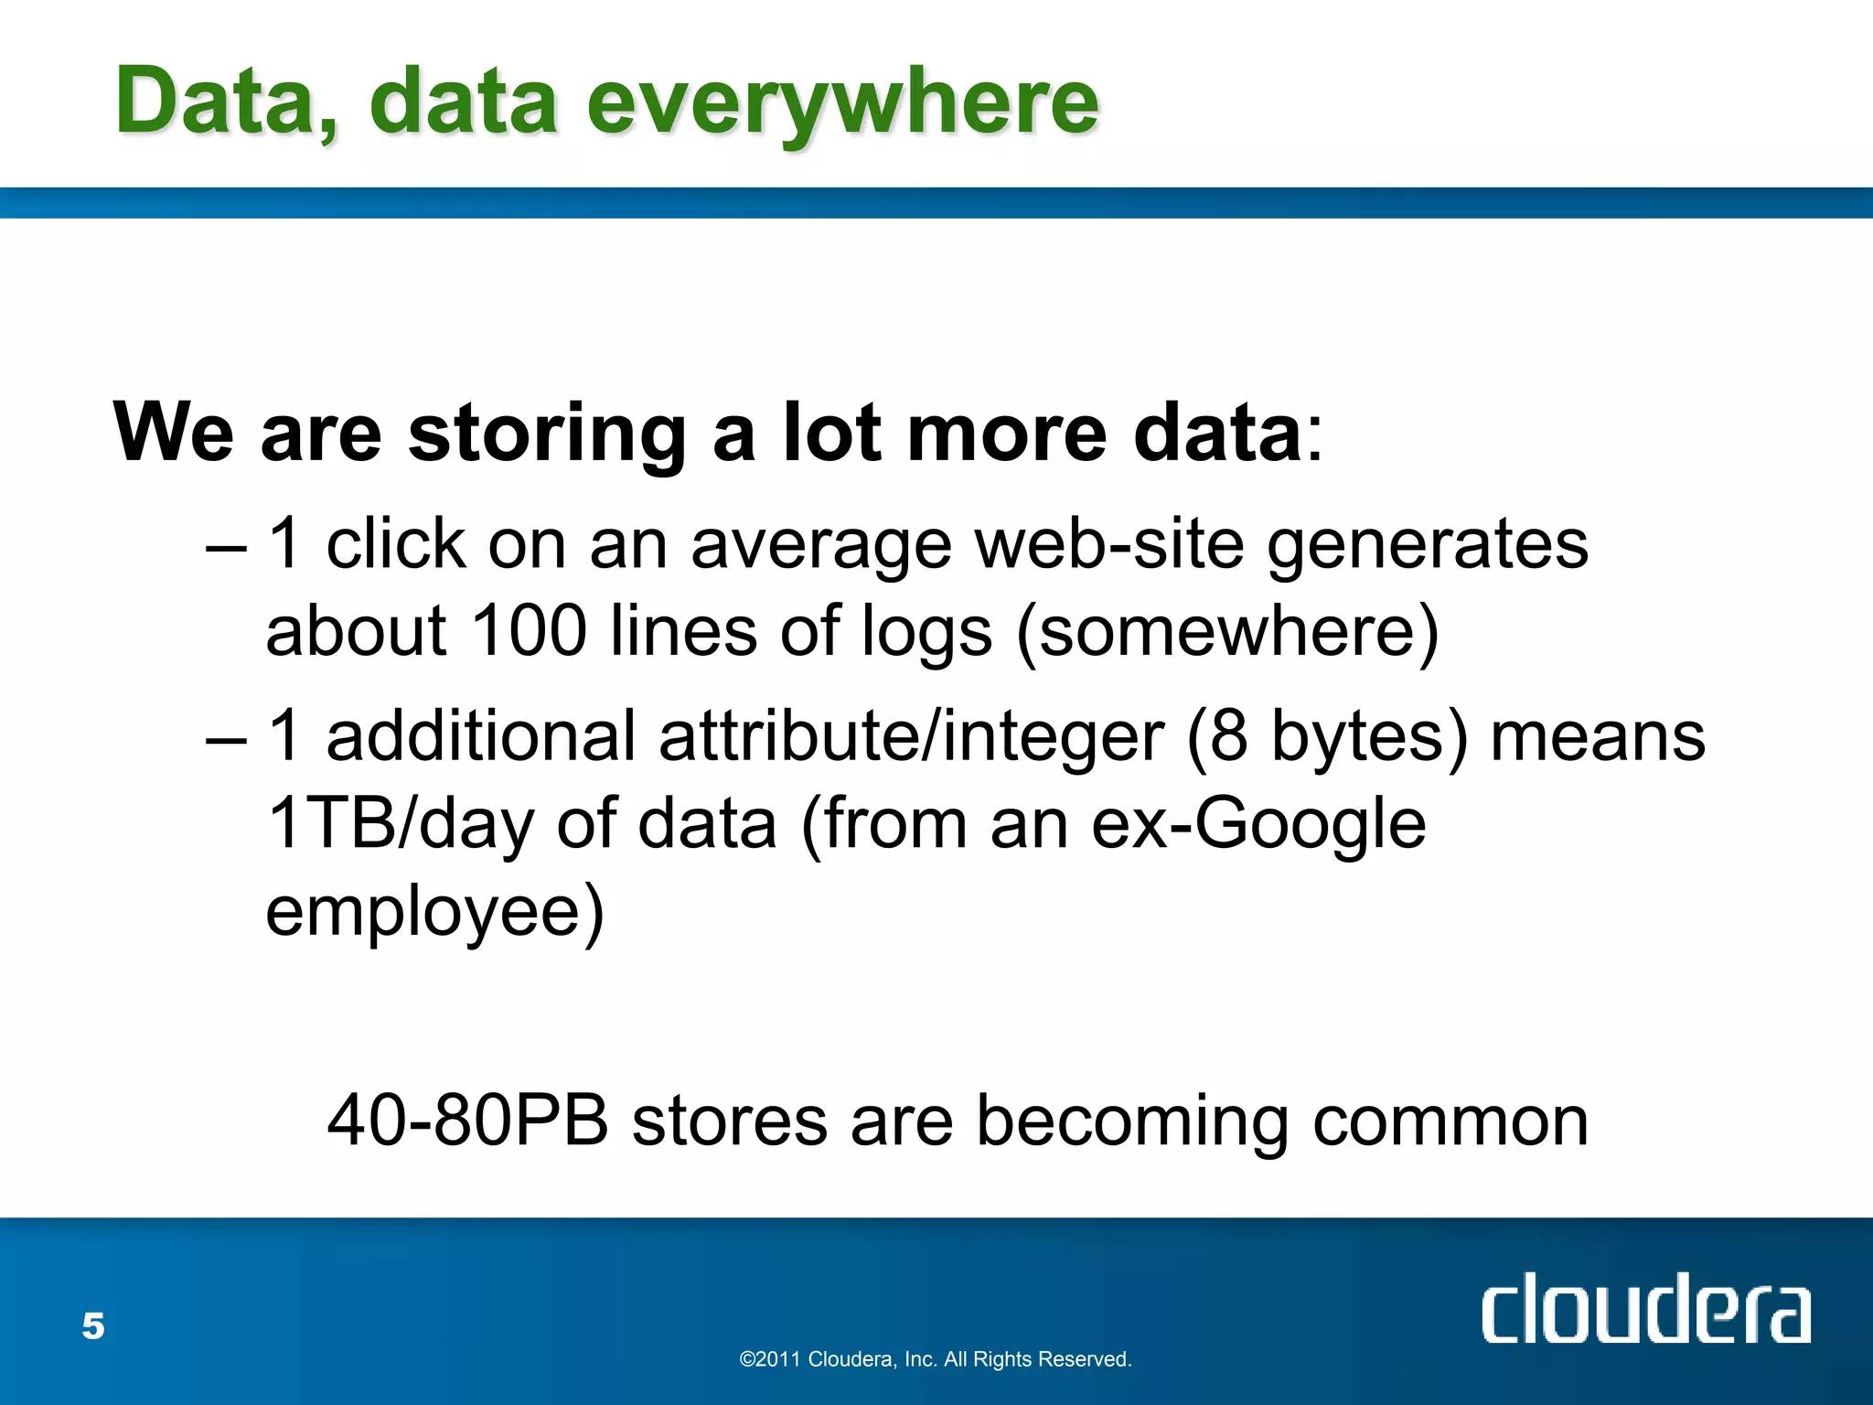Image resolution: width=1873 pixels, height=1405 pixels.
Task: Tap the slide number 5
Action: click(x=93, y=1326)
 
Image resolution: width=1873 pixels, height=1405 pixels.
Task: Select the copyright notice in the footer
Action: click(x=936, y=1359)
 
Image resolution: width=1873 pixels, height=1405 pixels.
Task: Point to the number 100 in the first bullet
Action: click(x=528, y=631)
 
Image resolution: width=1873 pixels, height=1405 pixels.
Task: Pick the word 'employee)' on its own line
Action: click(x=435, y=911)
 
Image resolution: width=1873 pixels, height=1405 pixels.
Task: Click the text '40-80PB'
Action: click(x=467, y=1121)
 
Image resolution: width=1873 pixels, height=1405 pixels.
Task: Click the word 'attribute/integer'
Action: click(x=912, y=736)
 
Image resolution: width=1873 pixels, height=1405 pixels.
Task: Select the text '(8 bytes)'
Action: click(x=1327, y=737)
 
